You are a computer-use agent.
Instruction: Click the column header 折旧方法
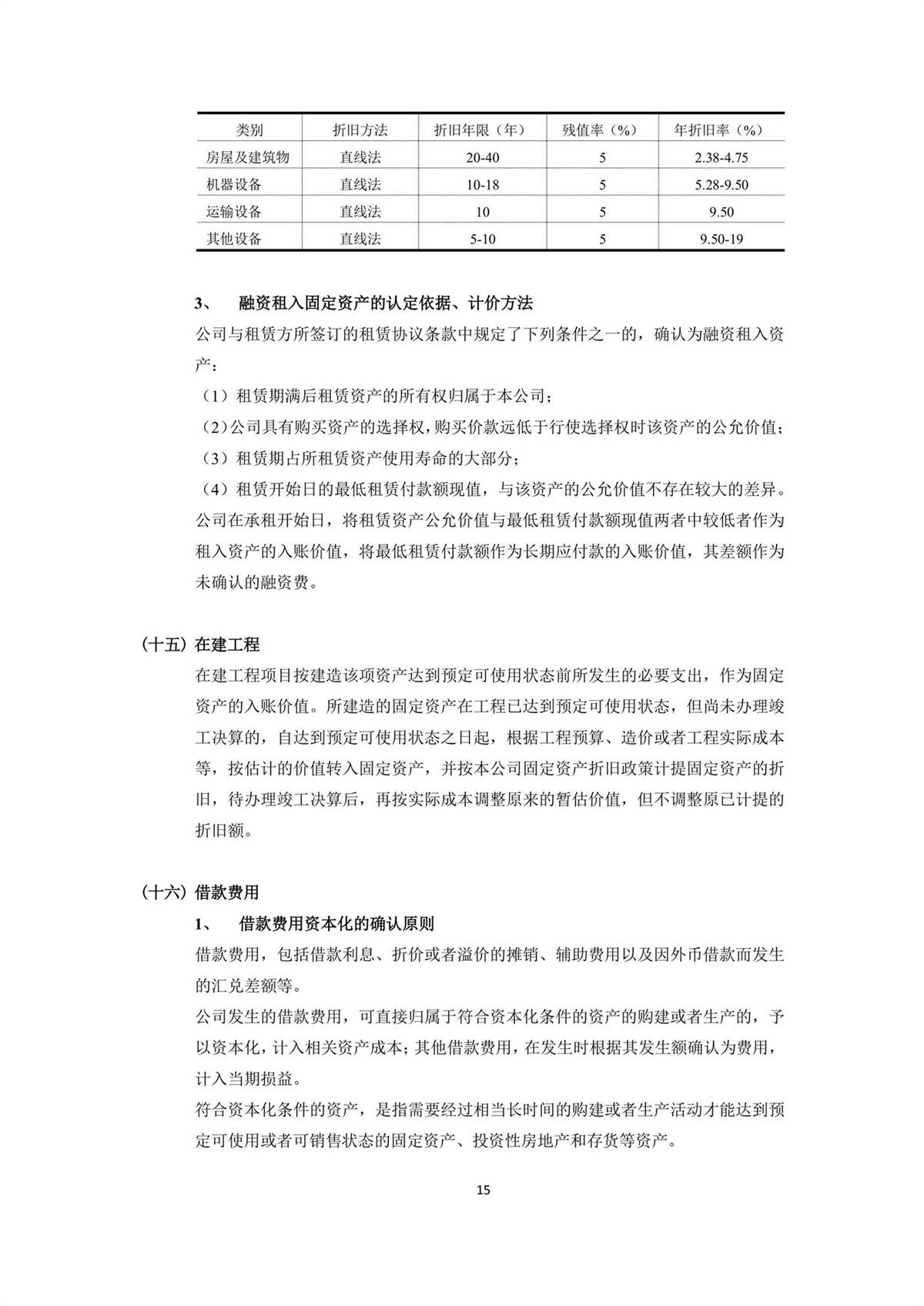tap(360, 130)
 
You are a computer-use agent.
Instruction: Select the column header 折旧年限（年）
tap(483, 130)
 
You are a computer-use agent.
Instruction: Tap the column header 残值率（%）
tap(602, 130)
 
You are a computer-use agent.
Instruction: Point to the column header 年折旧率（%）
tap(721, 130)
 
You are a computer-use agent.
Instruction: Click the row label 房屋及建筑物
tap(248, 158)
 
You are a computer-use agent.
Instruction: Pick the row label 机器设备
tap(234, 185)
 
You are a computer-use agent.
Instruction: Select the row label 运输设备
tap(234, 212)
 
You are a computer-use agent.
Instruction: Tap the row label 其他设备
tap(234, 239)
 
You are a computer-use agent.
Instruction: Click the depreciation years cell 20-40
tap(483, 158)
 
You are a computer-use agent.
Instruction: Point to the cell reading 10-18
tap(483, 185)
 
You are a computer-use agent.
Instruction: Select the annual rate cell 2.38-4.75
tap(721, 158)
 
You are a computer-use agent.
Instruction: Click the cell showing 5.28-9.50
tap(721, 185)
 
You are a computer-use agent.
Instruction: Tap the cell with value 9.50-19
tap(721, 239)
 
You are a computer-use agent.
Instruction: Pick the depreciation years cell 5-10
tap(483, 239)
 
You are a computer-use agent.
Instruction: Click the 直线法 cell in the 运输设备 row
tap(360, 212)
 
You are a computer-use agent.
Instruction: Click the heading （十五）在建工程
tap(201, 645)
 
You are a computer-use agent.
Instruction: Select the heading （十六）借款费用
tap(201, 892)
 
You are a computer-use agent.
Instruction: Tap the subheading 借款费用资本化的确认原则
tap(336, 923)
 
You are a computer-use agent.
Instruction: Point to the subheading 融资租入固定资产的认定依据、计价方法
tap(386, 303)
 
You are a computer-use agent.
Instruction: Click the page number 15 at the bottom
tap(483, 1190)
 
